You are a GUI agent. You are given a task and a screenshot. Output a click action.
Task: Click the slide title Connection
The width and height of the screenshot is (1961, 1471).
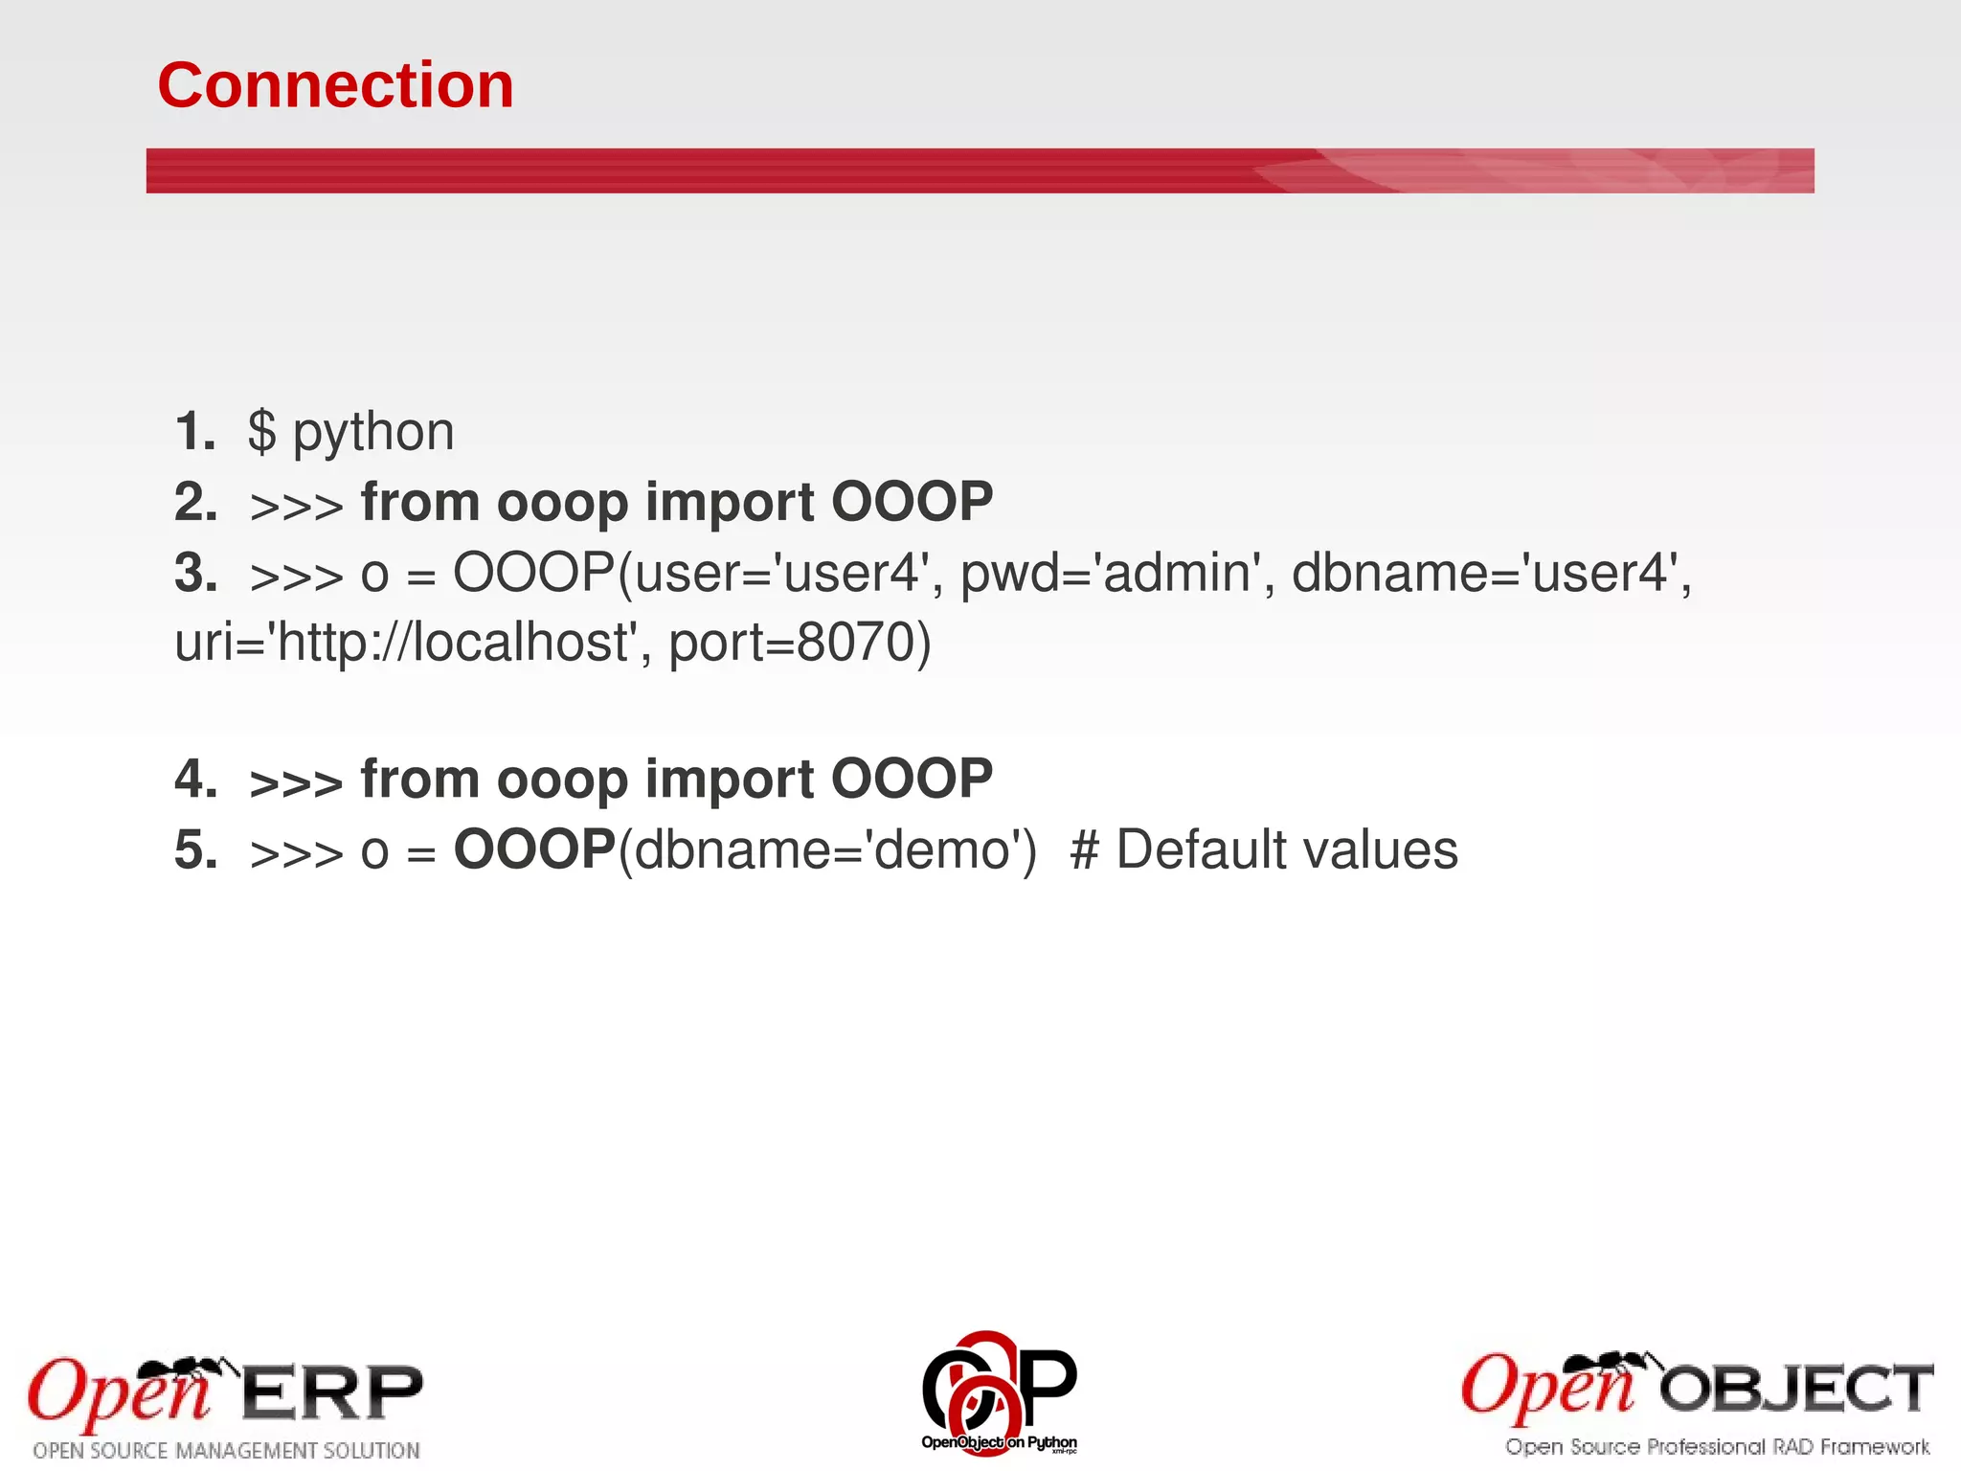pyautogui.click(x=335, y=85)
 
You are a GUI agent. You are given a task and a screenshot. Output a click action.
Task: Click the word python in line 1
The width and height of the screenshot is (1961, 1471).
pyautogui.click(x=372, y=433)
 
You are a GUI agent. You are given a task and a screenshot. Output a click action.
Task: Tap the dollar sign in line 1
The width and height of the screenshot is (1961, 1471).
pyautogui.click(x=261, y=432)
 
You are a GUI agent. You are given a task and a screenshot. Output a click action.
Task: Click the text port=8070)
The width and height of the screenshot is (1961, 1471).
pyautogui.click(x=800, y=643)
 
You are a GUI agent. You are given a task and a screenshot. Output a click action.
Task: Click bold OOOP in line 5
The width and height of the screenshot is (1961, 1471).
pyautogui.click(x=533, y=849)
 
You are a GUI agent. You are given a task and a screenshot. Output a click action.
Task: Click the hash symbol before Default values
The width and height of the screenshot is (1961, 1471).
pyautogui.click(x=1084, y=850)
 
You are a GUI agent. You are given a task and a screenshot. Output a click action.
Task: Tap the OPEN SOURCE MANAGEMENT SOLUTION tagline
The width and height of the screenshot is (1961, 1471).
pyautogui.click(x=227, y=1451)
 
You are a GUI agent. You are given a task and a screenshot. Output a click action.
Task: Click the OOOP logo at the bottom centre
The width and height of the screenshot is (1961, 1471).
pyautogui.click(x=999, y=1391)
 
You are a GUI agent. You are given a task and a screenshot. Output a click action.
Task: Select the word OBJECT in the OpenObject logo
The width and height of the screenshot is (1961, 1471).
pyautogui.click(x=1796, y=1390)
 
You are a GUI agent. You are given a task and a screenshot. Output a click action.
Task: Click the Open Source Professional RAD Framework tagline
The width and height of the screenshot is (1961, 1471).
pyautogui.click(x=1717, y=1447)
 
